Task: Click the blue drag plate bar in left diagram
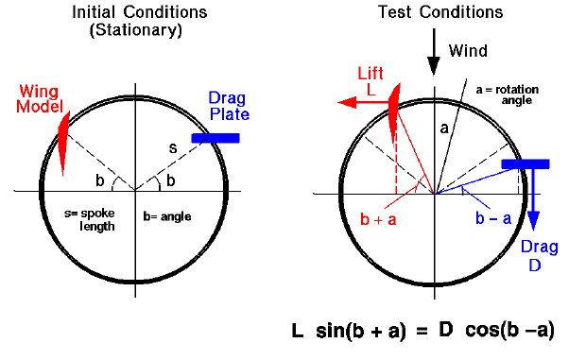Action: pos(215,139)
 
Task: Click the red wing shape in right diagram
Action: pos(395,109)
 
